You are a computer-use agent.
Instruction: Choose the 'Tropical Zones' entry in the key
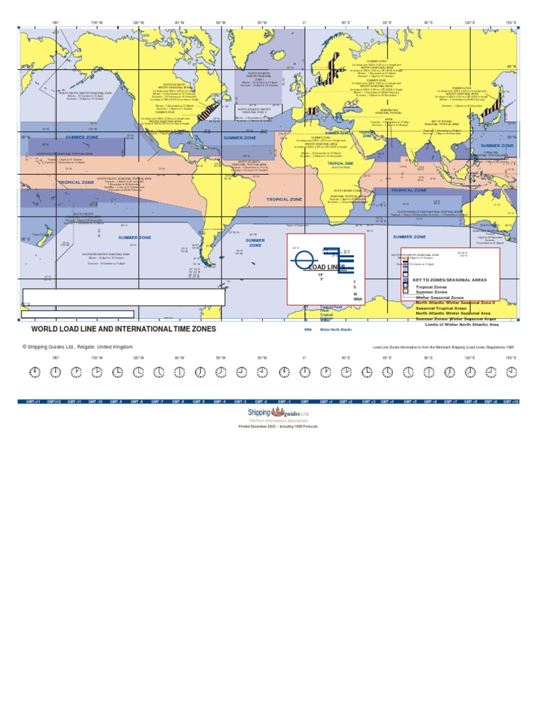click(432, 287)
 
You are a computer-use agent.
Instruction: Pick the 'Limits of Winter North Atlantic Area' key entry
click(461, 324)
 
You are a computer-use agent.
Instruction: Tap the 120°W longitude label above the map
click(138, 23)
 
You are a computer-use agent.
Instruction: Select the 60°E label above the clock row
click(387, 358)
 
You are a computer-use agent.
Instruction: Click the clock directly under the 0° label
click(304, 372)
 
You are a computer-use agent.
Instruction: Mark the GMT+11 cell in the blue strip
click(32, 402)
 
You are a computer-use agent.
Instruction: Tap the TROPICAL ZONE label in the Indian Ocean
click(427, 189)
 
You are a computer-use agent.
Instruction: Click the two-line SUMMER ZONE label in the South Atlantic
click(255, 243)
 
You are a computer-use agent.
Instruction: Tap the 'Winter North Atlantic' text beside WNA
click(336, 329)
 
